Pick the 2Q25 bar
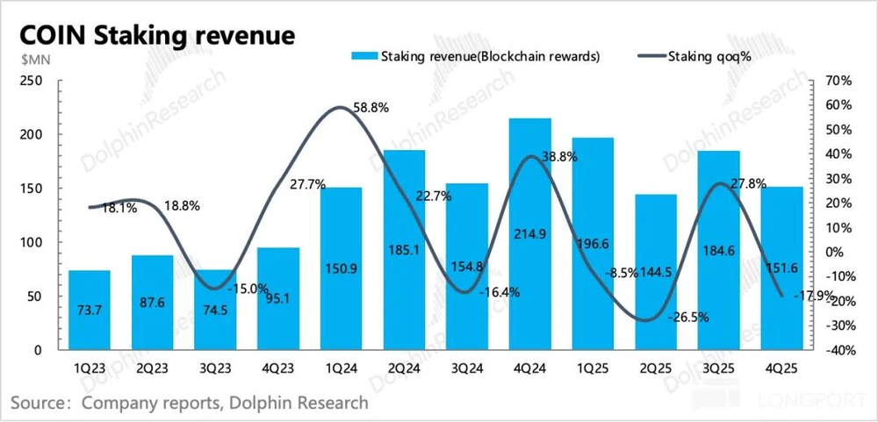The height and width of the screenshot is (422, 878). (655, 272)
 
